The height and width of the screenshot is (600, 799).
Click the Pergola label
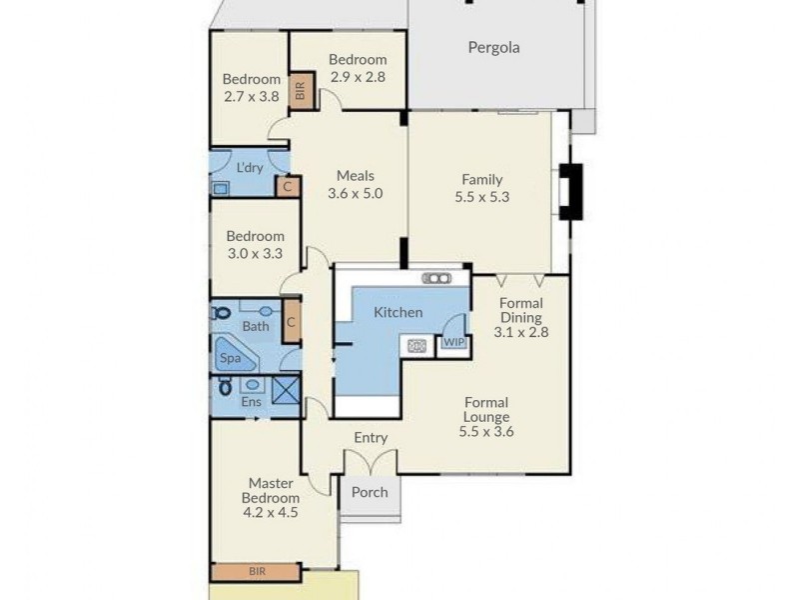coord(493,47)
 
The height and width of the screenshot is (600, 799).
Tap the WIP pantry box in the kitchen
coord(454,342)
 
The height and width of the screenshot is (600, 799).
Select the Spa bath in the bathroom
coord(233,356)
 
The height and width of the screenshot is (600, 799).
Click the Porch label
coord(370,492)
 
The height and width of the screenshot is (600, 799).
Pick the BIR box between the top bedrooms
coord(300,91)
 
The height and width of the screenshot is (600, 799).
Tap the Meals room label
coord(356,176)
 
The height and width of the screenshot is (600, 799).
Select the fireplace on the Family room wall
coord(571,191)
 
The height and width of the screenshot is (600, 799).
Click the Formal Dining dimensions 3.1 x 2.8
coord(520,332)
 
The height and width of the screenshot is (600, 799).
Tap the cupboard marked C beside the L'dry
coord(288,186)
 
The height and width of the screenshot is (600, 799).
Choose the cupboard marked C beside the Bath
coord(290,323)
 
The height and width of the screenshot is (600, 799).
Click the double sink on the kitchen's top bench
coord(436,278)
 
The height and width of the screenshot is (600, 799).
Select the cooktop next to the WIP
coord(415,346)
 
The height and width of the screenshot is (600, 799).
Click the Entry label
coord(371,438)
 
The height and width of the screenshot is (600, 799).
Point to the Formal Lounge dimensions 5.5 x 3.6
coord(485,432)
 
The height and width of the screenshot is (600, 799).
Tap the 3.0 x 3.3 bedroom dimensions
coord(254,253)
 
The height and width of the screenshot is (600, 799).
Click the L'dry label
coord(249,167)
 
